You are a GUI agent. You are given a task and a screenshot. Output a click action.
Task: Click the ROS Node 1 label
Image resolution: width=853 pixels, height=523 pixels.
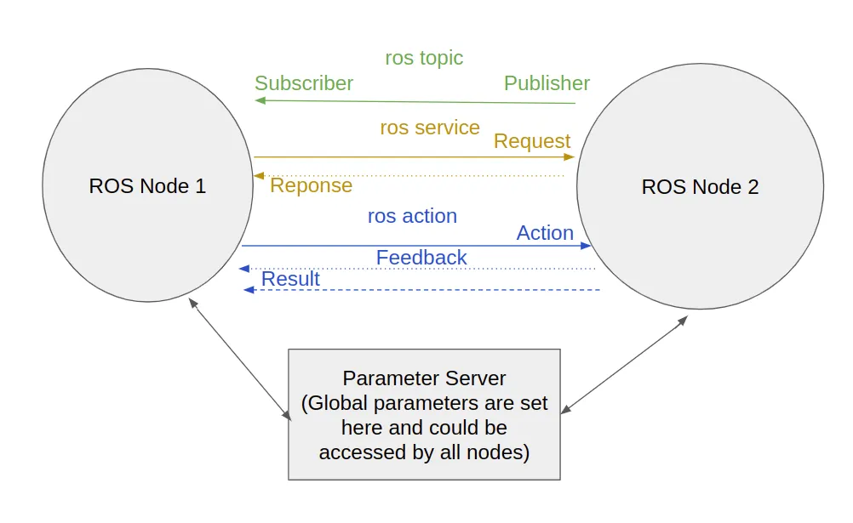coord(147,185)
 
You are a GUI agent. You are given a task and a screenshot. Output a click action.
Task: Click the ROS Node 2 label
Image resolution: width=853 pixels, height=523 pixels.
coord(700,187)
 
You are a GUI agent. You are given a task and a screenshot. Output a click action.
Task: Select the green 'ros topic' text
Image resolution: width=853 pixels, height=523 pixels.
coord(424,58)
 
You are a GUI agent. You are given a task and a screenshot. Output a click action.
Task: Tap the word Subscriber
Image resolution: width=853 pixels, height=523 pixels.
coord(304,83)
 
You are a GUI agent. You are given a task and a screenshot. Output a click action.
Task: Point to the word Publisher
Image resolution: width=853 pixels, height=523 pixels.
coord(547,83)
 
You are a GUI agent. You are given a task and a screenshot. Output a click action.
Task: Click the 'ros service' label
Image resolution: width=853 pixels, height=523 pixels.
coord(430,128)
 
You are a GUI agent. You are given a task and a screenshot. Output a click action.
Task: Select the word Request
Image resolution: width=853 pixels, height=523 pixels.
coord(532,141)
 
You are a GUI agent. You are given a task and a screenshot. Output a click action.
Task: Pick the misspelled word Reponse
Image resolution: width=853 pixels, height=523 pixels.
coord(311,185)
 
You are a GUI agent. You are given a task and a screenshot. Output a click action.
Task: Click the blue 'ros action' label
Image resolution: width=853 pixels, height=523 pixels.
coord(412,216)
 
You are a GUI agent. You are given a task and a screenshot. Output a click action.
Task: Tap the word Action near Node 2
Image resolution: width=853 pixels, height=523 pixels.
coord(545,233)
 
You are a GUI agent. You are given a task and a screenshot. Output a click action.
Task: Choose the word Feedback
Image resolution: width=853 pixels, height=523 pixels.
coord(421,258)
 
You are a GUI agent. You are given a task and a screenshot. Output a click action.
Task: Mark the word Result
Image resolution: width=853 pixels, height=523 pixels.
coord(290,279)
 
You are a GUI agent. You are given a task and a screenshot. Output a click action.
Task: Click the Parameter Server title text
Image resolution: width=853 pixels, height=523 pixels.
coord(424,378)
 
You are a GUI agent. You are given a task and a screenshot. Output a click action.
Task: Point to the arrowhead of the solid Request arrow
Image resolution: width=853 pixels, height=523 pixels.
coord(570,156)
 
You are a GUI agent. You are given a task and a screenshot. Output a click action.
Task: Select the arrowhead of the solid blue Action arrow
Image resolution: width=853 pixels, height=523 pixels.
coord(586,246)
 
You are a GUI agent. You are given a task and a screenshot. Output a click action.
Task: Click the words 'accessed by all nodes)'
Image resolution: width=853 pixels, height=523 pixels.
coord(424,452)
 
